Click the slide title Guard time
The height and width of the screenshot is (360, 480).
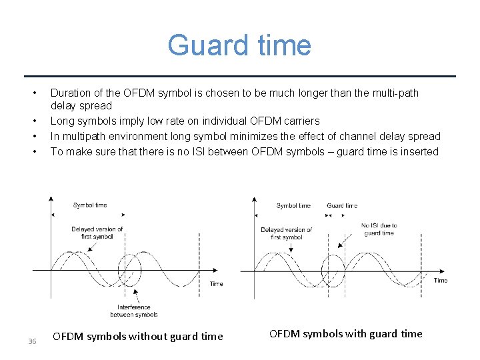239,45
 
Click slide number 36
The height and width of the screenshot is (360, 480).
31,342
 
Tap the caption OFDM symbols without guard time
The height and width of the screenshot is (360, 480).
137,337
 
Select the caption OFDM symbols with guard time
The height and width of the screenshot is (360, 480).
345,334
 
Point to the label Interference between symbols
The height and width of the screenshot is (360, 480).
134,311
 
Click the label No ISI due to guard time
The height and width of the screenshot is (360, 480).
379,229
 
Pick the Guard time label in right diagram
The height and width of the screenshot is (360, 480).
342,206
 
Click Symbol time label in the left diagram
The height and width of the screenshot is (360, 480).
90,205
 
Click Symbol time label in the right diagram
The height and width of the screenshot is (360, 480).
293,206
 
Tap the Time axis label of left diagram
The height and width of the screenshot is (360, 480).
217,284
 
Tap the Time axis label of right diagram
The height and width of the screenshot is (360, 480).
441,281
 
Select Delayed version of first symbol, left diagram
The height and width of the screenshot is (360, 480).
97,233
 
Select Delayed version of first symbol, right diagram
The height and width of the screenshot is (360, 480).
287,233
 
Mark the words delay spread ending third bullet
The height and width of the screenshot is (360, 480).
409,137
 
